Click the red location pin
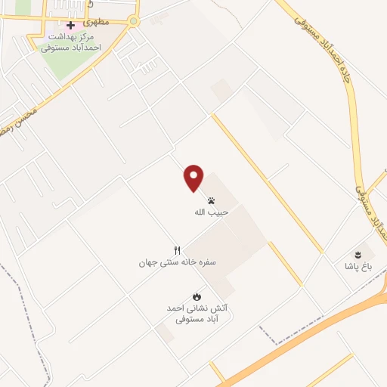pos(193,178)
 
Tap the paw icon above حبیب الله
pos(210,201)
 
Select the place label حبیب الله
pos(210,212)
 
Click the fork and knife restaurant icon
pos(178,250)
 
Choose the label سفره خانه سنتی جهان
pos(178,262)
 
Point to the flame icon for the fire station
pos(197,296)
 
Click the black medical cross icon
pos(70,25)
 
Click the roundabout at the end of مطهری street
pos(134,21)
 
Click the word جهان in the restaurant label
pos(147,262)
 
